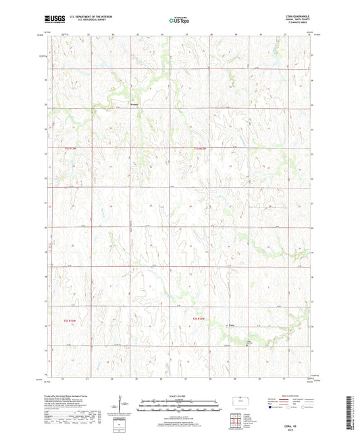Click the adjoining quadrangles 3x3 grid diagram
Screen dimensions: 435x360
pyautogui.click(x=235, y=422)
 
